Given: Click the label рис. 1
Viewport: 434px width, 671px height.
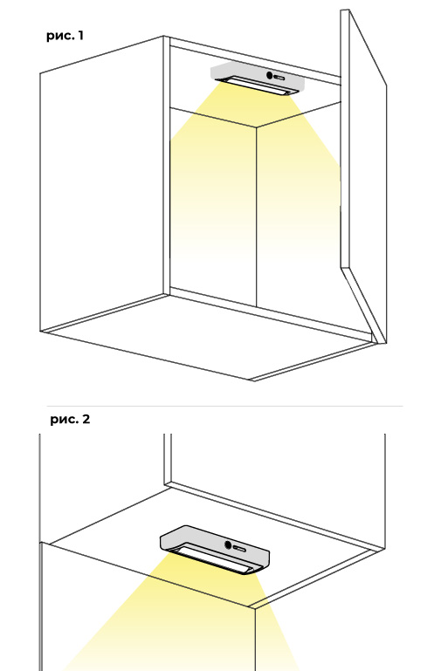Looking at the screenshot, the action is click(65, 36).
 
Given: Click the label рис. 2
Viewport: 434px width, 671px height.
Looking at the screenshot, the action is click(70, 419).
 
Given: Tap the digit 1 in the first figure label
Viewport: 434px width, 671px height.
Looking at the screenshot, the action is click(80, 35).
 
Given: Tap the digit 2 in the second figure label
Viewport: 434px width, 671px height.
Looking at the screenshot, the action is click(86, 419).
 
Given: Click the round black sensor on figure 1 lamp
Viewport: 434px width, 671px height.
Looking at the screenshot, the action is click(270, 76).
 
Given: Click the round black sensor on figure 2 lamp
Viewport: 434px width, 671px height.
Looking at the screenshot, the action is click(228, 545).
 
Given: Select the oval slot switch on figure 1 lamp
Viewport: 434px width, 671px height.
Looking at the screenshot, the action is click(279, 78).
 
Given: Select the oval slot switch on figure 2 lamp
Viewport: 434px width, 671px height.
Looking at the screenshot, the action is click(239, 548).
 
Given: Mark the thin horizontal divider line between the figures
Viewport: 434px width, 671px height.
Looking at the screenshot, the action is click(224, 406).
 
